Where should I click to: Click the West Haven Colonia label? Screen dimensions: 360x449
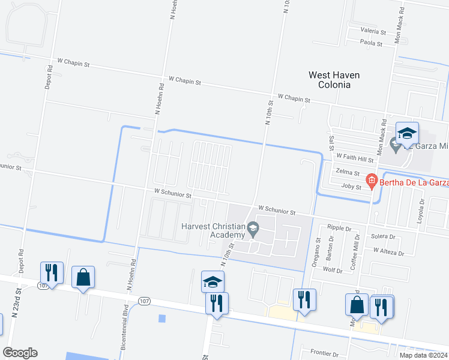click(334, 80)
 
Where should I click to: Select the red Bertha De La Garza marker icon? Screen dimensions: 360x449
click(372, 179)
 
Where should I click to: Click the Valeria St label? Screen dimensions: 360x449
click(373, 31)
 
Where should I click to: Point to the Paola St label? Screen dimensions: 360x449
click(372, 43)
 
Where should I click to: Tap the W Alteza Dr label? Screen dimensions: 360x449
click(390, 251)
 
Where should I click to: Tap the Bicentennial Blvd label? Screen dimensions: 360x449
click(125, 329)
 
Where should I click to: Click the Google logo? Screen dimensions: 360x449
click(20, 352)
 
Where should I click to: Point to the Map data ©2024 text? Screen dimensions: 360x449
click(423, 355)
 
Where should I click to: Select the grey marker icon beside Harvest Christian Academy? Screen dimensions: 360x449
click(254, 228)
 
